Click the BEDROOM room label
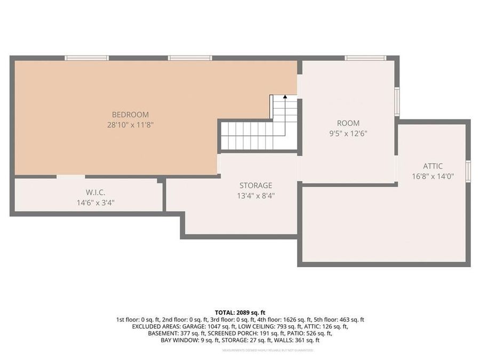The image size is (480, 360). (130, 114)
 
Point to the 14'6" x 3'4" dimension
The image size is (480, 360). (95, 202)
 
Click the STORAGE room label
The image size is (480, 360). (255, 185)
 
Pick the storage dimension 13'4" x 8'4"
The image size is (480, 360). (255, 195)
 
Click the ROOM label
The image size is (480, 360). (348, 123)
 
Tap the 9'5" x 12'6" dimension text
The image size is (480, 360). (348, 133)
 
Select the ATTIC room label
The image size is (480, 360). (433, 166)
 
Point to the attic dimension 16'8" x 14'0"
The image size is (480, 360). (433, 176)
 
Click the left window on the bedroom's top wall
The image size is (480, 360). (86, 58)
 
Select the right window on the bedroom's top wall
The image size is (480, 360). (190, 58)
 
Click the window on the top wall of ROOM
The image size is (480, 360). (365, 58)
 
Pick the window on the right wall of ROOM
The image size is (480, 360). (397, 101)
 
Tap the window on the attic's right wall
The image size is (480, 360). (468, 171)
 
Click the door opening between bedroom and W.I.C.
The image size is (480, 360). (70, 177)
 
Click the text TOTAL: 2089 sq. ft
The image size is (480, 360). (240, 312)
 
